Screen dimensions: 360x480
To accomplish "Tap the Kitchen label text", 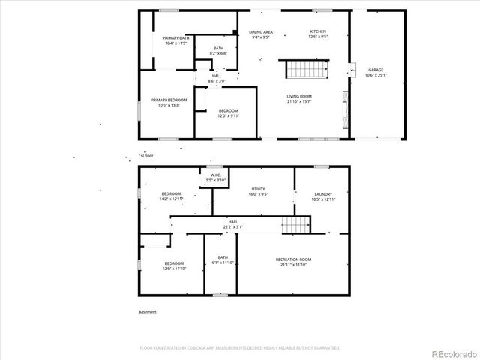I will click(x=319, y=34).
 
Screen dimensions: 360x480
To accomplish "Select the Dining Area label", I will click(x=261, y=34).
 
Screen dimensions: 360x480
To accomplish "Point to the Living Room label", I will click(x=299, y=98).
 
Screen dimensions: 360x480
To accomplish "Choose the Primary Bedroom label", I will click(x=168, y=102).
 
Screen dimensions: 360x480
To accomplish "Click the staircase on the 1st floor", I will click(x=305, y=70).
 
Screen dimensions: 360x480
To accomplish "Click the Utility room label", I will click(x=258, y=192).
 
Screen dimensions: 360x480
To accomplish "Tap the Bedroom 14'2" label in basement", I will click(x=171, y=196).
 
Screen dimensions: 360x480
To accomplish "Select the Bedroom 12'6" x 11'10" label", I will click(x=174, y=265).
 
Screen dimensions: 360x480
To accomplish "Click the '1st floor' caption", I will click(x=145, y=155).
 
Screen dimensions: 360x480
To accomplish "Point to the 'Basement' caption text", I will click(x=148, y=312).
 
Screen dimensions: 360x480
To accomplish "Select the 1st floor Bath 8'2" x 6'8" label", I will click(x=218, y=51).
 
